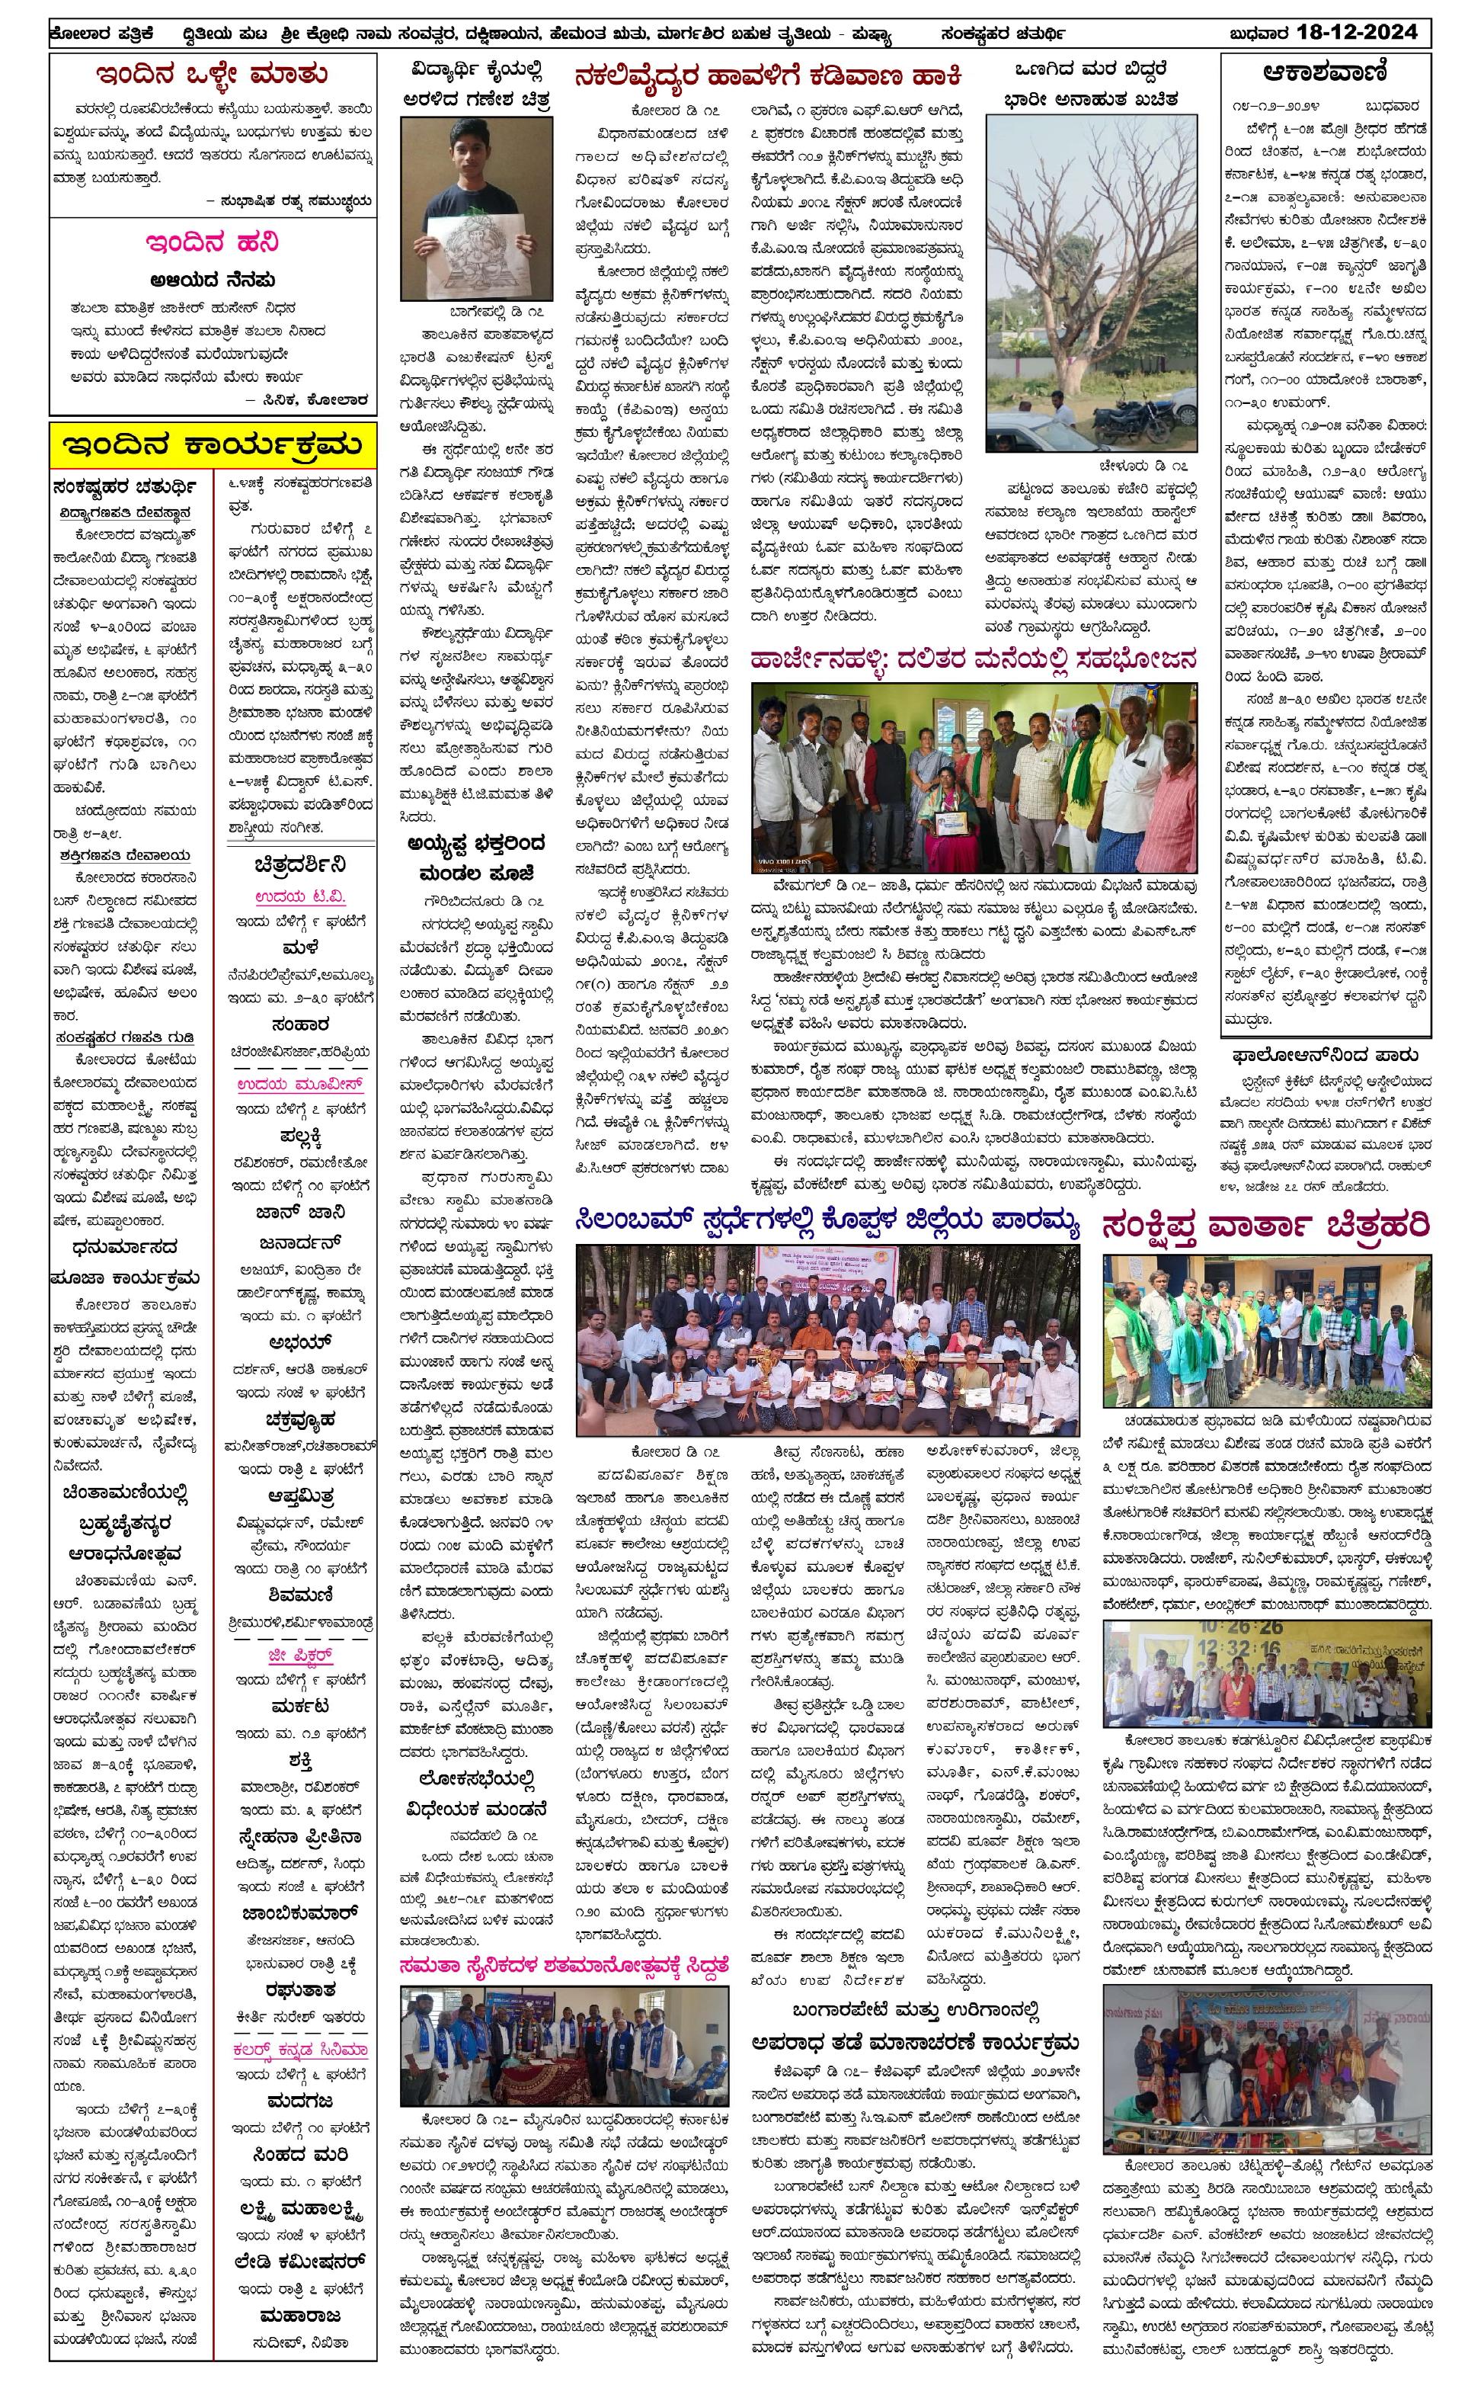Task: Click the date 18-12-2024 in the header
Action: coord(1358,33)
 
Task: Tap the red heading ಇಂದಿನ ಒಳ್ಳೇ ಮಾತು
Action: coord(212,75)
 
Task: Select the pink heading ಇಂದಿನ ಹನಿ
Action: coord(212,242)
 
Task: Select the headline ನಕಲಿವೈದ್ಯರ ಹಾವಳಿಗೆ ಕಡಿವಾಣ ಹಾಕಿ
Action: coord(767,75)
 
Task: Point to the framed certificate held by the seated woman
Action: coord(950,822)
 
